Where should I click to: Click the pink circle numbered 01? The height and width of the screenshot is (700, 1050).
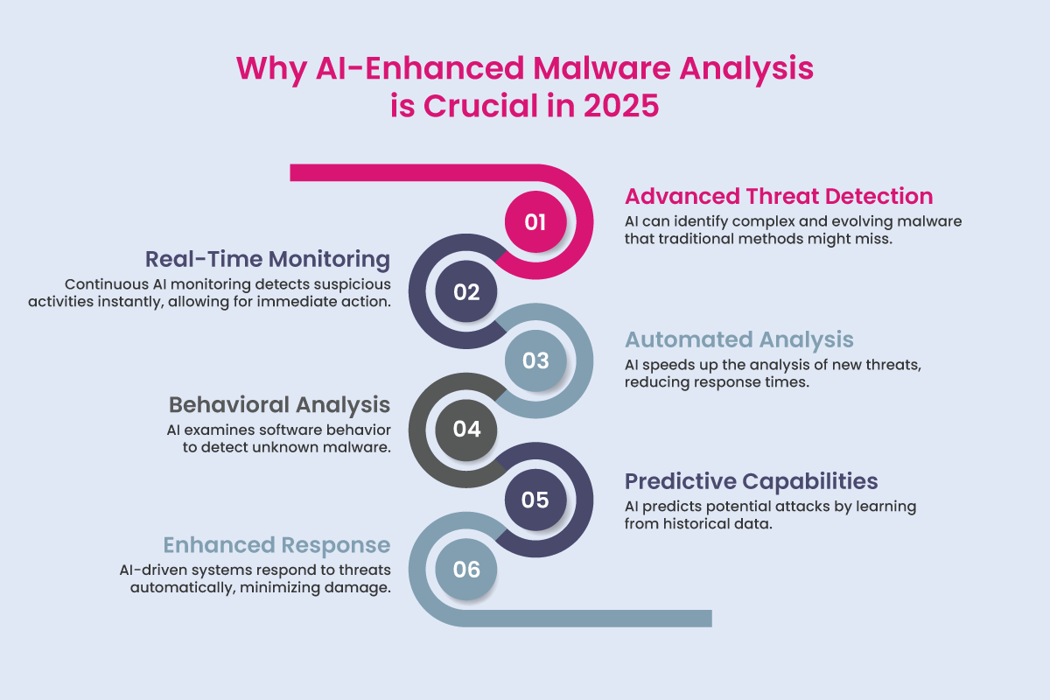tap(535, 222)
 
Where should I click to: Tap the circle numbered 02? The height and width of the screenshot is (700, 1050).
tap(466, 292)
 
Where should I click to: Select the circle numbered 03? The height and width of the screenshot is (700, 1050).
tap(535, 360)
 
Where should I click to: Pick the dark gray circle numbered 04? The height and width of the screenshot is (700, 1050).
tap(466, 430)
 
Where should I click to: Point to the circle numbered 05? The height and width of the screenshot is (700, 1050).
tap(535, 500)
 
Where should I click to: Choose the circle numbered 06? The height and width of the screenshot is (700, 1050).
tap(466, 570)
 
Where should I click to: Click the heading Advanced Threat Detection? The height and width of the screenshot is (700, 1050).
tap(779, 196)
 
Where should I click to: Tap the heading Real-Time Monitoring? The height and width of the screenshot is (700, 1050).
tap(268, 259)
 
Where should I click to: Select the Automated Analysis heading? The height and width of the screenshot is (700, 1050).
tap(738, 339)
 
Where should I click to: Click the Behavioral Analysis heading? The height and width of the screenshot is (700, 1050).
tap(279, 405)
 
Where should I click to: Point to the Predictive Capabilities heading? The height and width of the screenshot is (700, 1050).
tap(751, 481)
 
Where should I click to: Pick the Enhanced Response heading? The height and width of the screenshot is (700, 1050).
tap(276, 546)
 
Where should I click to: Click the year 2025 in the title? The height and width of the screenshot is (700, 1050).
tap(610, 108)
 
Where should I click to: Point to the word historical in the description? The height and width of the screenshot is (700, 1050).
tap(704, 524)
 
